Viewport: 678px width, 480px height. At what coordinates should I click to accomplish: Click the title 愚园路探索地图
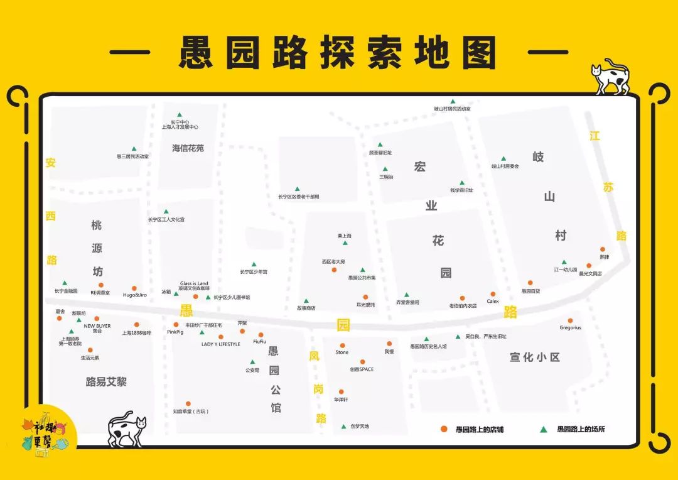(x=338, y=52)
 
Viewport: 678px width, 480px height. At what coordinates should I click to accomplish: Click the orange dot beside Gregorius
(x=570, y=320)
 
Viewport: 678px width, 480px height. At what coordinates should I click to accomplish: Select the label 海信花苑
(x=188, y=148)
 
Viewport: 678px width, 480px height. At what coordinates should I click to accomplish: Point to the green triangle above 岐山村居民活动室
(x=452, y=101)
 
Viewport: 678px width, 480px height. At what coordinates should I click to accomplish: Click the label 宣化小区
(x=534, y=357)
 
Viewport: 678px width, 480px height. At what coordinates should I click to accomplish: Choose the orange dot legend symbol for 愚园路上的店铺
(x=443, y=429)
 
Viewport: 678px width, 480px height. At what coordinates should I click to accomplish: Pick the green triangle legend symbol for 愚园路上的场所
(x=544, y=429)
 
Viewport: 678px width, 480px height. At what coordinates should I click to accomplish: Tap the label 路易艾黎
(x=106, y=381)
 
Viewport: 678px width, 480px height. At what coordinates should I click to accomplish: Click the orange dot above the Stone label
(x=342, y=345)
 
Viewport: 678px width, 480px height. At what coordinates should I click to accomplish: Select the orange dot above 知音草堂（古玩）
(x=188, y=403)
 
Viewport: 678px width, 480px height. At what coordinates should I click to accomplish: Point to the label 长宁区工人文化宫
(x=166, y=219)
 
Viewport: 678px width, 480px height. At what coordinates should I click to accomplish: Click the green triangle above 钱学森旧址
(x=461, y=183)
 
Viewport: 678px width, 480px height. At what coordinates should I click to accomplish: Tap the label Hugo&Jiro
(x=134, y=295)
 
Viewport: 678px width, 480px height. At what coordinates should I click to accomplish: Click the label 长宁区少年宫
(x=254, y=272)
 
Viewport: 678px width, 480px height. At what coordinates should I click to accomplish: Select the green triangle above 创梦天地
(x=343, y=427)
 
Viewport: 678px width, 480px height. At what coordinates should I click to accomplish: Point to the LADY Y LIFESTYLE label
(x=220, y=344)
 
